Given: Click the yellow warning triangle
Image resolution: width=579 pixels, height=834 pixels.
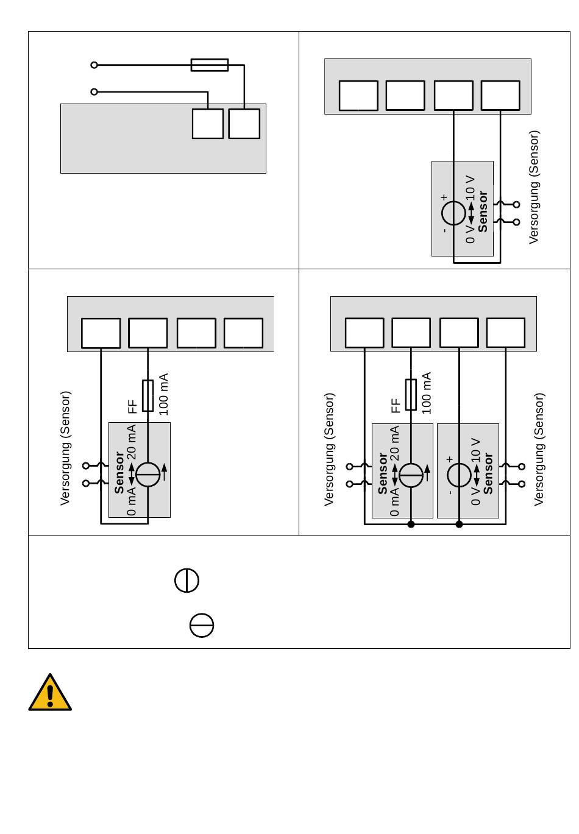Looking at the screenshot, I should [50, 694].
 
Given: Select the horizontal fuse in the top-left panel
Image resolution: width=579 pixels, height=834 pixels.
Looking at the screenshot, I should [210, 65].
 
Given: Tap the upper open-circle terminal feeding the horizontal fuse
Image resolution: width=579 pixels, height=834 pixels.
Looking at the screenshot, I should [94, 65].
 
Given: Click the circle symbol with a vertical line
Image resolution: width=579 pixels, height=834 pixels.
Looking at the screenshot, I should [186, 580].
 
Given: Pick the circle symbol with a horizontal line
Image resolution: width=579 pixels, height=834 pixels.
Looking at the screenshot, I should [202, 626].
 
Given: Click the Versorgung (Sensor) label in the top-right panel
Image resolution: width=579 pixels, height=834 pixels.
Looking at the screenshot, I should [535, 187].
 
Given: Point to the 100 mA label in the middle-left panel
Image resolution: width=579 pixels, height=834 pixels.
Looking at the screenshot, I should [163, 395].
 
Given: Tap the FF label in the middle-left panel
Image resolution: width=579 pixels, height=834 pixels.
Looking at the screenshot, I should [133, 406].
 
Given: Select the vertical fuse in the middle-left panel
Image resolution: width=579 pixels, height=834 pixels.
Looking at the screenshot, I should [148, 395].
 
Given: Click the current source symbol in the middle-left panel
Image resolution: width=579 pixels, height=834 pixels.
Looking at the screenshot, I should [148, 475].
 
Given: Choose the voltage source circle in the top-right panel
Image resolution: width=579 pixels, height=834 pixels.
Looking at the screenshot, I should [453, 213].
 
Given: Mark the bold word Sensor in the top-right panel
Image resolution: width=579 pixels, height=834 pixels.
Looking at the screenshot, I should [483, 212].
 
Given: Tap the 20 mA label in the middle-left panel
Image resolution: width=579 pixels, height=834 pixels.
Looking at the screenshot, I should [132, 442].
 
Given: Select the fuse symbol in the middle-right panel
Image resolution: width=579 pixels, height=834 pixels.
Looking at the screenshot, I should [411, 395].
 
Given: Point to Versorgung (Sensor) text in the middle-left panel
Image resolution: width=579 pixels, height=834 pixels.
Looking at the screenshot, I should [65, 448].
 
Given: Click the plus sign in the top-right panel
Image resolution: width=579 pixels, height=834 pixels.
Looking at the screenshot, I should [444, 197].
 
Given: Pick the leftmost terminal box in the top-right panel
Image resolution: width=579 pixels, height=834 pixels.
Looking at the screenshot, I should [358, 96].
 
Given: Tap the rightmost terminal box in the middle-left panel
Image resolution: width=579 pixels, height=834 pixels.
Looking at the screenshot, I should [243, 333].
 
